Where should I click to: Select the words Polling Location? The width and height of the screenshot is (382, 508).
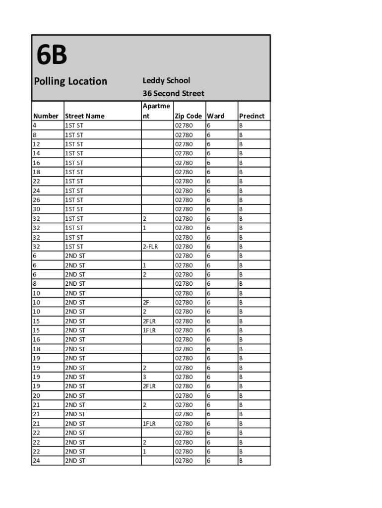(x=70, y=81)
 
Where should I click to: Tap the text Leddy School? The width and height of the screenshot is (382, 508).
(x=166, y=80)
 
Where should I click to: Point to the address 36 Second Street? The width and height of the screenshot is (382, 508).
(x=173, y=93)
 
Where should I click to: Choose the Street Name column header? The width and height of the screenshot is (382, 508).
(x=85, y=116)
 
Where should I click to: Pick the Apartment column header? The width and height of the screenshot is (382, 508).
(x=156, y=111)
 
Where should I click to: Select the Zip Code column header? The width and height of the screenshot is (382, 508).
(x=188, y=116)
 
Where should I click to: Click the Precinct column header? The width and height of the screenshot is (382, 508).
(x=252, y=116)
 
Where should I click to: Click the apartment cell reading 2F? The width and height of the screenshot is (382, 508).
(x=146, y=302)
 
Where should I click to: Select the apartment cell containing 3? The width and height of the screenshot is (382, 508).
(x=144, y=377)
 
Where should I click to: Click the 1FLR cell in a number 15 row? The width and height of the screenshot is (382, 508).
(x=149, y=330)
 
